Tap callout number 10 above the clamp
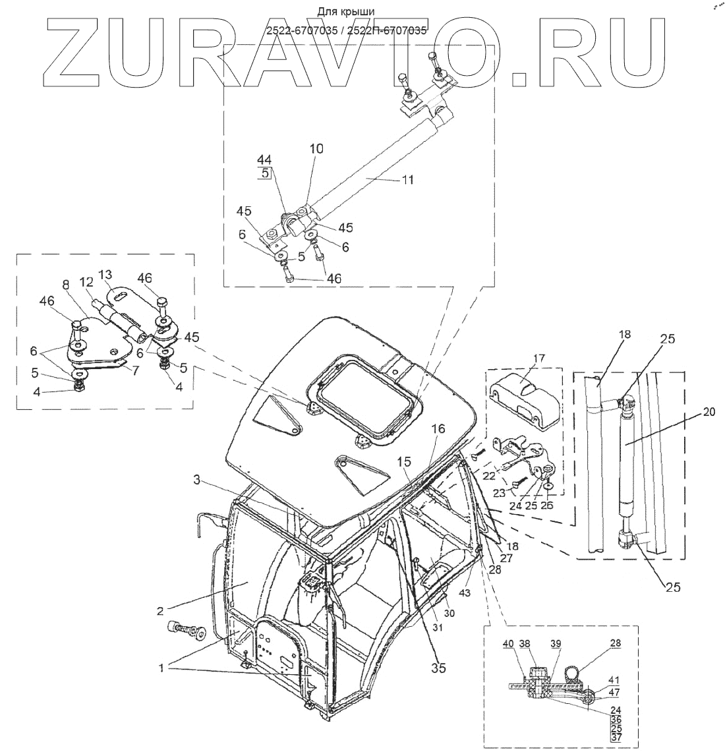[316, 149]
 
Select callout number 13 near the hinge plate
[106, 274]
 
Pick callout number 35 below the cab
[438, 668]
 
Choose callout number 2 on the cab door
[160, 610]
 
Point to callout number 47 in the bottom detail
[614, 691]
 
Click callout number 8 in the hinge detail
[65, 285]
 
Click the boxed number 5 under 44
[264, 174]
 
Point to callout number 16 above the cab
[439, 429]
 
